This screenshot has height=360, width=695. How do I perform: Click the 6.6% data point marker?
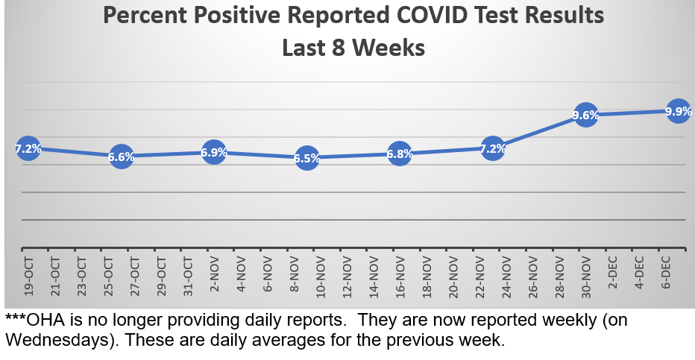[x=121, y=157]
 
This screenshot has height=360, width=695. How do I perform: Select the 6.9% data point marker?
[x=214, y=152]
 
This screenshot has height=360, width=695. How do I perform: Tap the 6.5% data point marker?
[x=306, y=158]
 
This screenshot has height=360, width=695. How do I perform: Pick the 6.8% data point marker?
[x=400, y=154]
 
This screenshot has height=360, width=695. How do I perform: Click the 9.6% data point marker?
[x=585, y=115]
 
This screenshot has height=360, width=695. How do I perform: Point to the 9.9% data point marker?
[x=678, y=112]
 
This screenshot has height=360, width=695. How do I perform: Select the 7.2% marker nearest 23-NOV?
[x=492, y=148]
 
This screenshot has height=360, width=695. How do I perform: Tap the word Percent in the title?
[x=142, y=15]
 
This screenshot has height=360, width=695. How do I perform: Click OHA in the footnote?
[x=43, y=320]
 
